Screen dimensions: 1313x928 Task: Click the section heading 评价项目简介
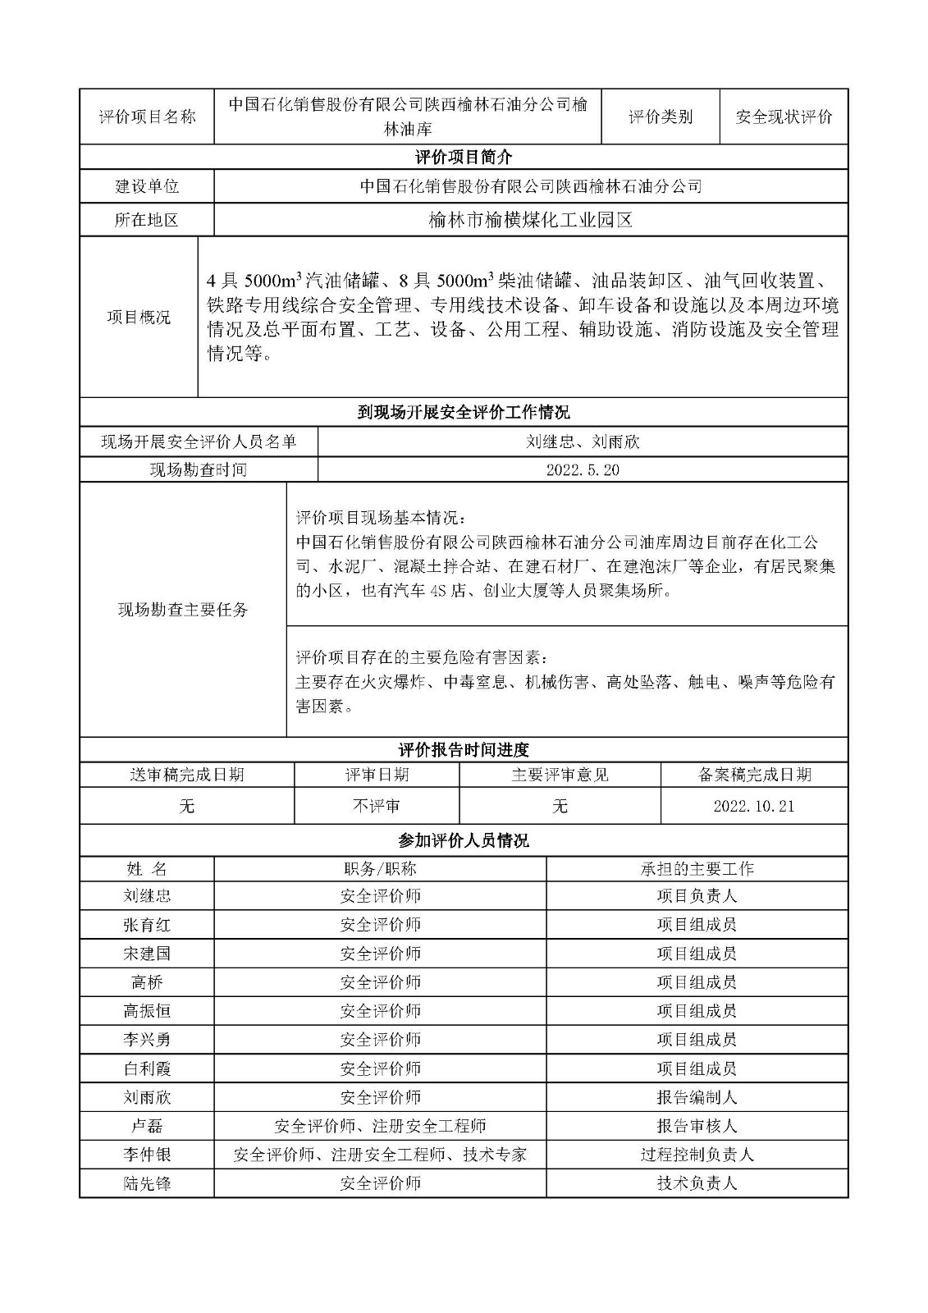tap(464, 157)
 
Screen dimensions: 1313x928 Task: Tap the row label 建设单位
tap(147, 186)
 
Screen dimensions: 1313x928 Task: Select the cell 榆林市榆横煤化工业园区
tap(530, 220)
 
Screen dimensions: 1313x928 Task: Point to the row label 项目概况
tap(139, 318)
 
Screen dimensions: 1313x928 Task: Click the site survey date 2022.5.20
tap(582, 470)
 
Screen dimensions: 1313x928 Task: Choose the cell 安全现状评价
tap(784, 117)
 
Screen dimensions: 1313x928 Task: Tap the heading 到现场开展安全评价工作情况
tap(464, 412)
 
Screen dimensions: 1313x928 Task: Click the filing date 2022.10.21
tap(753, 806)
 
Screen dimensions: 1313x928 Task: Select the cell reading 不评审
tap(377, 806)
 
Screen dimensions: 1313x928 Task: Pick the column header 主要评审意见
tap(560, 775)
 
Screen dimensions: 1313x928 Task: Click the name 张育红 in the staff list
tap(147, 925)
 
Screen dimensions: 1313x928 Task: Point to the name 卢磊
tap(147, 1126)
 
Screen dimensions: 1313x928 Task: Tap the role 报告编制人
tap(697, 1097)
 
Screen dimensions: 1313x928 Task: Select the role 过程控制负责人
tap(697, 1155)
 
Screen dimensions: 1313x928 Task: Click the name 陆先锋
tap(147, 1183)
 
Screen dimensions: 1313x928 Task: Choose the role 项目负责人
tap(697, 896)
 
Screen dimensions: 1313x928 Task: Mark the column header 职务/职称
tap(380, 869)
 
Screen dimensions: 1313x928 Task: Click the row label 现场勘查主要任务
tap(183, 610)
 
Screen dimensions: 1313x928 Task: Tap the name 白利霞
tap(147, 1068)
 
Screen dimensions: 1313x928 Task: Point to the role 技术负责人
tap(697, 1183)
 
